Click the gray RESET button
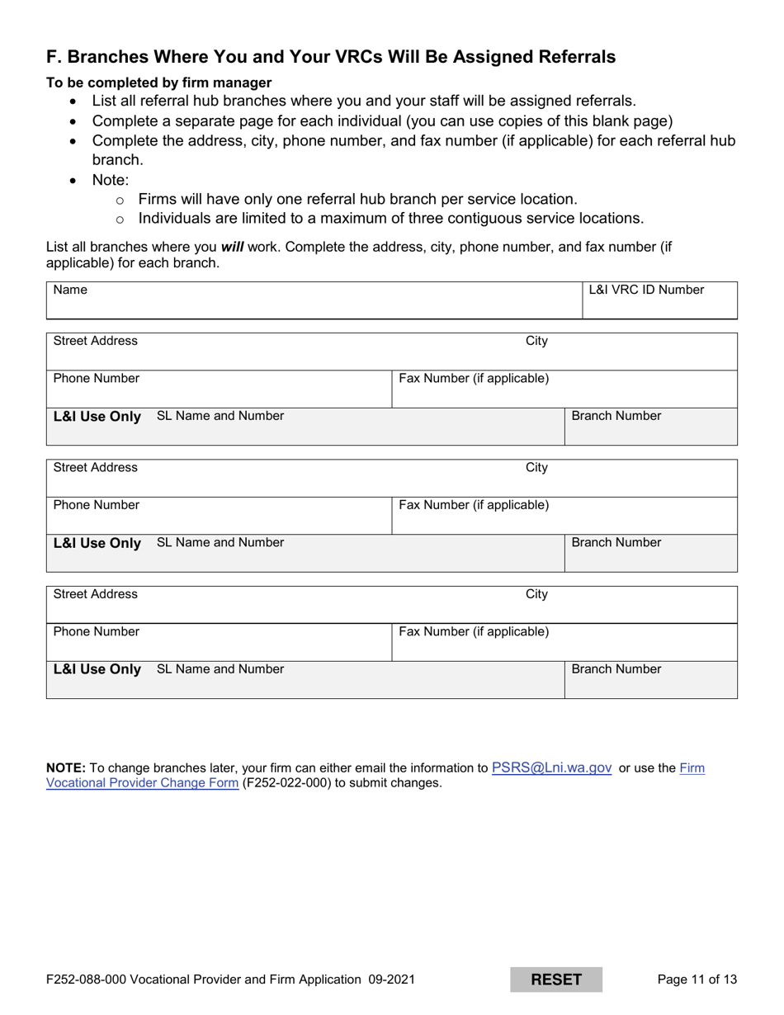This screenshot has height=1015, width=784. [x=555, y=980]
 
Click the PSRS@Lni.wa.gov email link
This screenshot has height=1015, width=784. [x=551, y=767]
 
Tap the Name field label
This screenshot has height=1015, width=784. [x=70, y=290]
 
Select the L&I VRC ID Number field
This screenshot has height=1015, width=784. [x=659, y=300]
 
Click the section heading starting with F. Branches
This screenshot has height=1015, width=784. [x=330, y=57]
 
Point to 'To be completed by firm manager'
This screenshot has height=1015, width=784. [x=158, y=83]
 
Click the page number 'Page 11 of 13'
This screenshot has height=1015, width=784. [x=697, y=980]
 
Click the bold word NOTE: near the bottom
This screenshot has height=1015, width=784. [x=65, y=768]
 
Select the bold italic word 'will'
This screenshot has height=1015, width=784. [x=232, y=246]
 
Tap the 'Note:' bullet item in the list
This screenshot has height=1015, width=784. [x=111, y=180]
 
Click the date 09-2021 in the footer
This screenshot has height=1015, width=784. [x=390, y=980]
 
